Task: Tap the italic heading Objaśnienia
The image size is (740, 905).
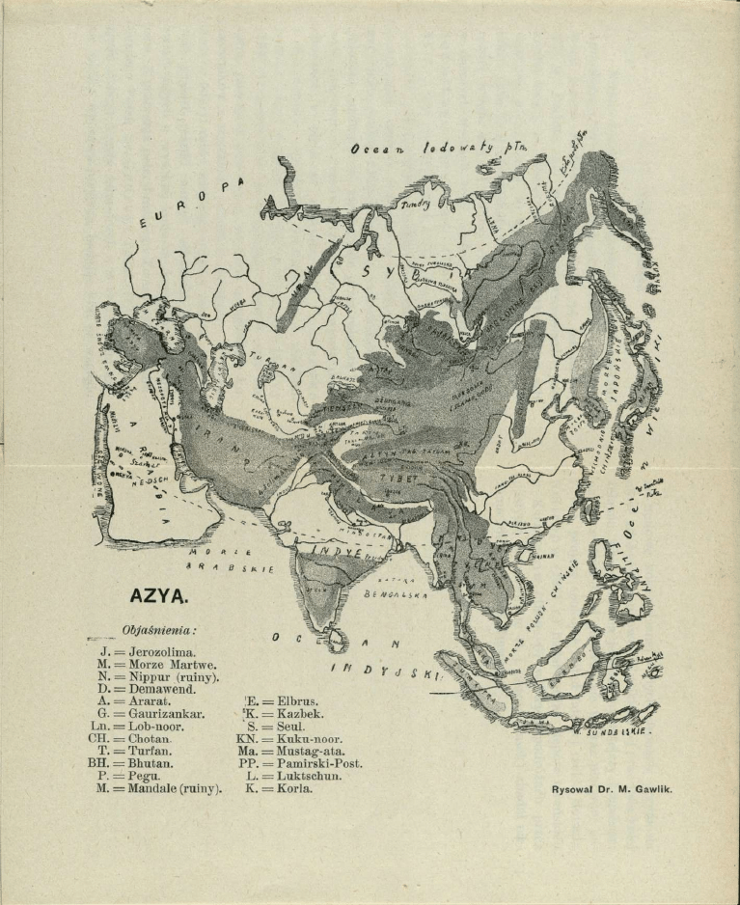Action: (x=159, y=630)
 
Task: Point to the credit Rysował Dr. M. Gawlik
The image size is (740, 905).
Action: (x=612, y=788)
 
